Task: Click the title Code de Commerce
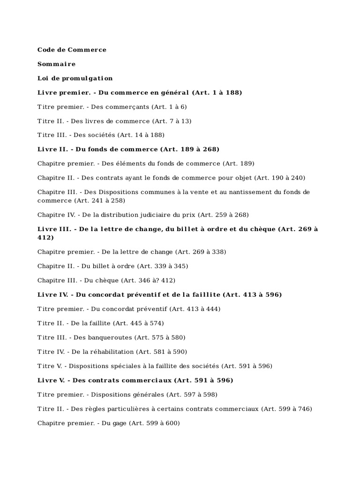[x=72, y=50]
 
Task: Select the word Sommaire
[x=56, y=64]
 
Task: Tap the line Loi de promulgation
[x=75, y=78]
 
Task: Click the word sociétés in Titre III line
[x=102, y=135]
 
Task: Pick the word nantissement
[x=243, y=192]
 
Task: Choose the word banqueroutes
[x=111, y=337]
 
